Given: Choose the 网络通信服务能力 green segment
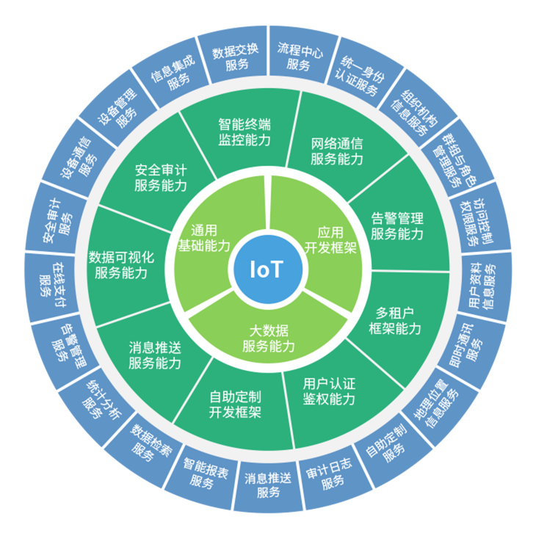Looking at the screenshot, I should [336, 150].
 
